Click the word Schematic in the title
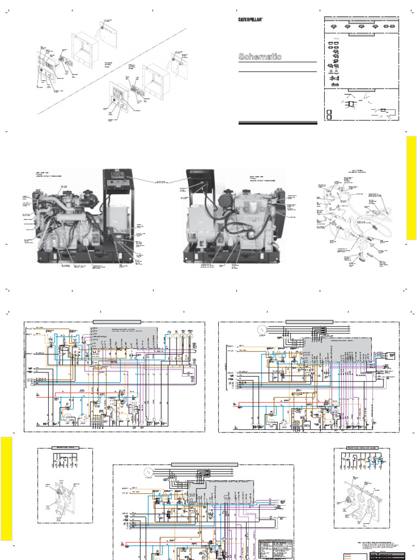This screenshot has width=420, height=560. pyautogui.click(x=260, y=56)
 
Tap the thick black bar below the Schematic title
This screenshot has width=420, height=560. pyautogui.click(x=278, y=124)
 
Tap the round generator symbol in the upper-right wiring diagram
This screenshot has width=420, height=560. pyautogui.click(x=261, y=330)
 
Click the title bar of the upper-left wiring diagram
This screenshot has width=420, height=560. pyautogui.click(x=117, y=322)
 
